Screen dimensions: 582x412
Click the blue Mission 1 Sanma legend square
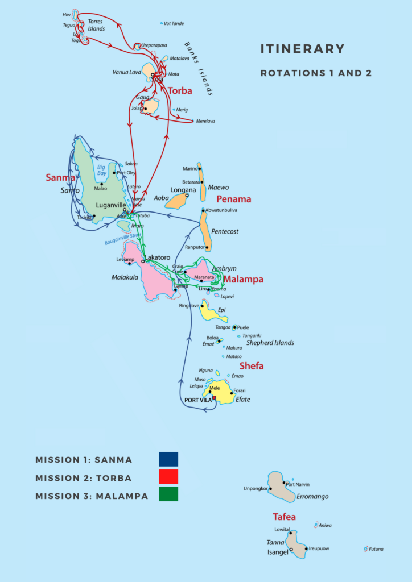[x=168, y=459]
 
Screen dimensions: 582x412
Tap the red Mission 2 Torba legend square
[x=168, y=477]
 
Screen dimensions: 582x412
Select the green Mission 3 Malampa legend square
[x=168, y=494]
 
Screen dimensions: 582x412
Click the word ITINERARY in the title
[x=302, y=49]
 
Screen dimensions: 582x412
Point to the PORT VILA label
[x=198, y=400]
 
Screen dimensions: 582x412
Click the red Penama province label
[x=233, y=199]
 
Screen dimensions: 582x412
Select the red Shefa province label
[x=251, y=366]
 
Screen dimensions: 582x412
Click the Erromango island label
[x=312, y=496]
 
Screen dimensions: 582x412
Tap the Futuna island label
[x=376, y=549]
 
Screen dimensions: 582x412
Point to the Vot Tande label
[x=175, y=23]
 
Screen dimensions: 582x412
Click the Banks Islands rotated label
[x=199, y=69]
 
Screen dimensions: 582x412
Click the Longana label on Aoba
[x=183, y=190]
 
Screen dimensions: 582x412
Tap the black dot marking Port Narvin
[x=284, y=483]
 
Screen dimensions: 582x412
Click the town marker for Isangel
[x=291, y=550]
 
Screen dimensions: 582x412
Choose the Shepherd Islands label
[x=270, y=343]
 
